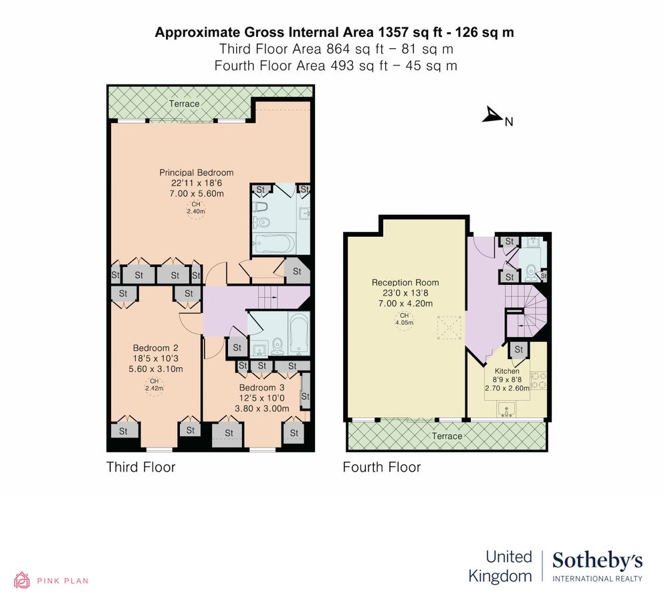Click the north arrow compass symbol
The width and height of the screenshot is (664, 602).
pos(493,116)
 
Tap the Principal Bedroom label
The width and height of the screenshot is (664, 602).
pos(196,173)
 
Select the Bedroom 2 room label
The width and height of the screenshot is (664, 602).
pos(155,348)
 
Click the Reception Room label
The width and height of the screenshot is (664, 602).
pos(405,282)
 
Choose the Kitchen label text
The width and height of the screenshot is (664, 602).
pos(506,371)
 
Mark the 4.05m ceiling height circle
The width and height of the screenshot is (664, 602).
pos(403,319)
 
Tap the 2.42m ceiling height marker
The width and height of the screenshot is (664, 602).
pos(155,384)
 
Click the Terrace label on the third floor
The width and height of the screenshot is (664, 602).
pos(184,104)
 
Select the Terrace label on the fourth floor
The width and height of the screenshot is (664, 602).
pos(446,436)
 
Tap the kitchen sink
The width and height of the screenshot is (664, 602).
pos(506,409)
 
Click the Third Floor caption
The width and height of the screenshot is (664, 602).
pos(140,467)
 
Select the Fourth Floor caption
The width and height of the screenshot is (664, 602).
pos(381,467)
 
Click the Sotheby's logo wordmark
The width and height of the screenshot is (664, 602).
pos(597,561)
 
